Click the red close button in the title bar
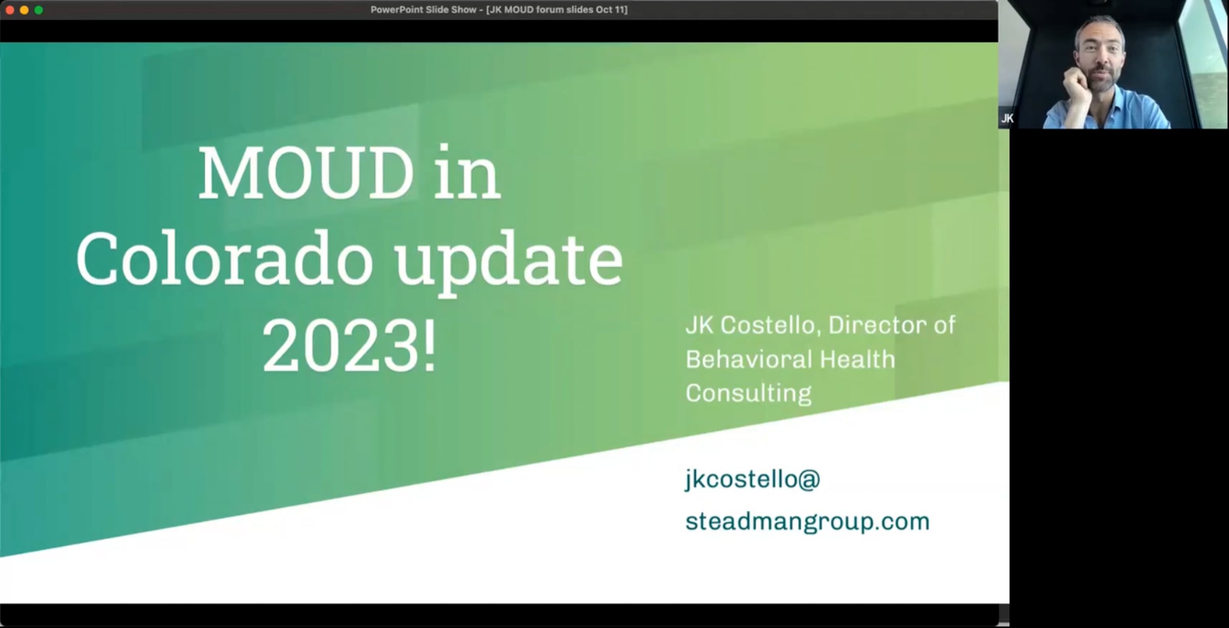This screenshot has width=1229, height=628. (x=10, y=10)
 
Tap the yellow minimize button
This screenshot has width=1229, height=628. (x=24, y=10)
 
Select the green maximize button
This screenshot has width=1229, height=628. (x=38, y=10)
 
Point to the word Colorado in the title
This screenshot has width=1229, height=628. (x=224, y=259)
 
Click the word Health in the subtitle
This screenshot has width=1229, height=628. (x=857, y=359)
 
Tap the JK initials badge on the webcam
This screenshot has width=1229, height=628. (x=1007, y=119)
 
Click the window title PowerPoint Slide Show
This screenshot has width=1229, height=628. (x=423, y=10)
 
